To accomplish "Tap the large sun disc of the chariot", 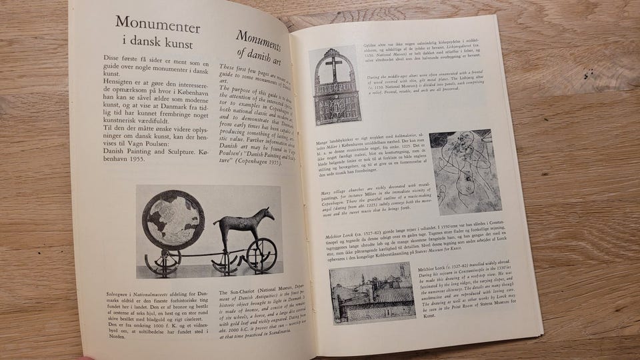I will point(173,220).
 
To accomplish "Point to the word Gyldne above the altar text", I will point(371,45).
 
